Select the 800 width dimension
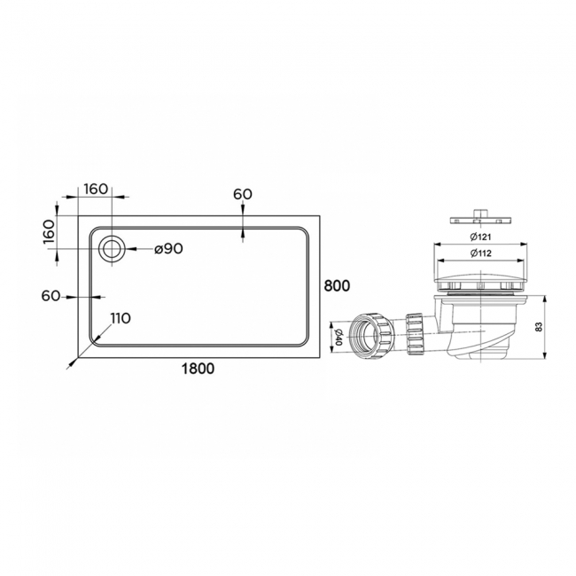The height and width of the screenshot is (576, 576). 337,285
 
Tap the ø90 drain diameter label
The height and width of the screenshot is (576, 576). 167,249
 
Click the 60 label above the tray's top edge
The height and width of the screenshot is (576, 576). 243,194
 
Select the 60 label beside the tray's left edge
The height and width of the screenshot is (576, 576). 50,296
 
